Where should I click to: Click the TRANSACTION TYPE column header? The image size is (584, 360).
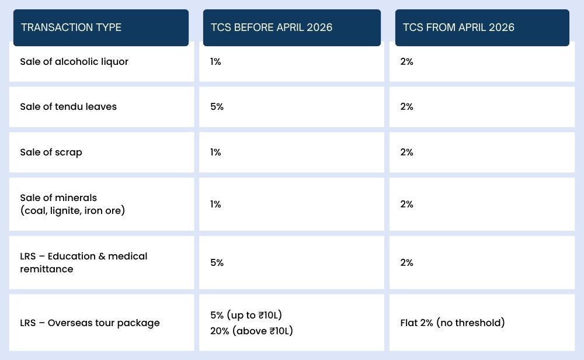[71, 27]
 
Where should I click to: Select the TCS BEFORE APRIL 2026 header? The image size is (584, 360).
[271, 27]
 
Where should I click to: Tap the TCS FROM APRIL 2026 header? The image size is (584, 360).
[458, 27]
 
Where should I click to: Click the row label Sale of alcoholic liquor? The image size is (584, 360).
[74, 61]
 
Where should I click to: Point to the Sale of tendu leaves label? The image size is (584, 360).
[68, 106]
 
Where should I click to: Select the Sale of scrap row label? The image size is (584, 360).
[51, 152]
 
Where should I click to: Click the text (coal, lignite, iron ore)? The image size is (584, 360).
[72, 210]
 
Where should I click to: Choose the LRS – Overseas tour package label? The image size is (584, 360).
[90, 323]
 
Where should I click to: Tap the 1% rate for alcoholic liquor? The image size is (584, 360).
[215, 61]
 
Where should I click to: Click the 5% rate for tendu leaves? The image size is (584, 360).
[217, 106]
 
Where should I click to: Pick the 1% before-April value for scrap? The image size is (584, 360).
[215, 152]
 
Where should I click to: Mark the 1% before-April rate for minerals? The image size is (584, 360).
[215, 204]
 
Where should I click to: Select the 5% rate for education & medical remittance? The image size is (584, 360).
[217, 262]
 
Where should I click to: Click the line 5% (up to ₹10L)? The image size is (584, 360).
[246, 315]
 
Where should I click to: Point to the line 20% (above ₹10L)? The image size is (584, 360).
[251, 331]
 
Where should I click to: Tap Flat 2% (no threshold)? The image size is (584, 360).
[453, 323]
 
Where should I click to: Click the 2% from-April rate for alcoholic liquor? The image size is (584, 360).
[407, 61]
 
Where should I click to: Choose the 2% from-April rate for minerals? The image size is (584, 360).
[407, 204]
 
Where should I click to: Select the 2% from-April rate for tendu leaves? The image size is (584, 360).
[407, 106]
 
